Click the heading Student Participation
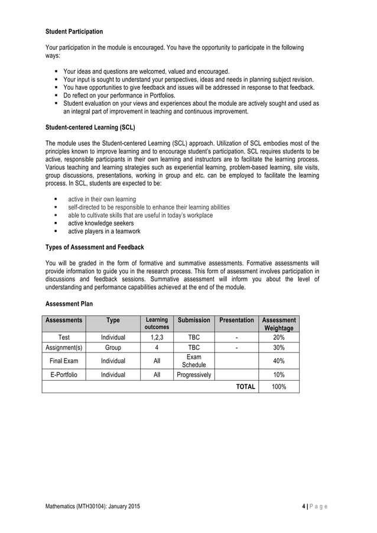[74, 31]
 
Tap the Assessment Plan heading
[69, 303]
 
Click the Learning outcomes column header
[157, 323]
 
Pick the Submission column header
[194, 320]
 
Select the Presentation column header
[236, 320]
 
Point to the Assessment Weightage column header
[279, 323]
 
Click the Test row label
[64, 337]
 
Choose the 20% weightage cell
[279, 337]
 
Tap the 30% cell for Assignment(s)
[279, 348]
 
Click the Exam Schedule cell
[194, 361]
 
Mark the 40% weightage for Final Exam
[279, 361]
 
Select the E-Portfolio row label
[64, 374]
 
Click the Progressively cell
[194, 374]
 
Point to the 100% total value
[279, 387]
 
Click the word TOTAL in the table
[246, 387]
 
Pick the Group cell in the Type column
[113, 348]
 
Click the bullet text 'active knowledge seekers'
[101, 223]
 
